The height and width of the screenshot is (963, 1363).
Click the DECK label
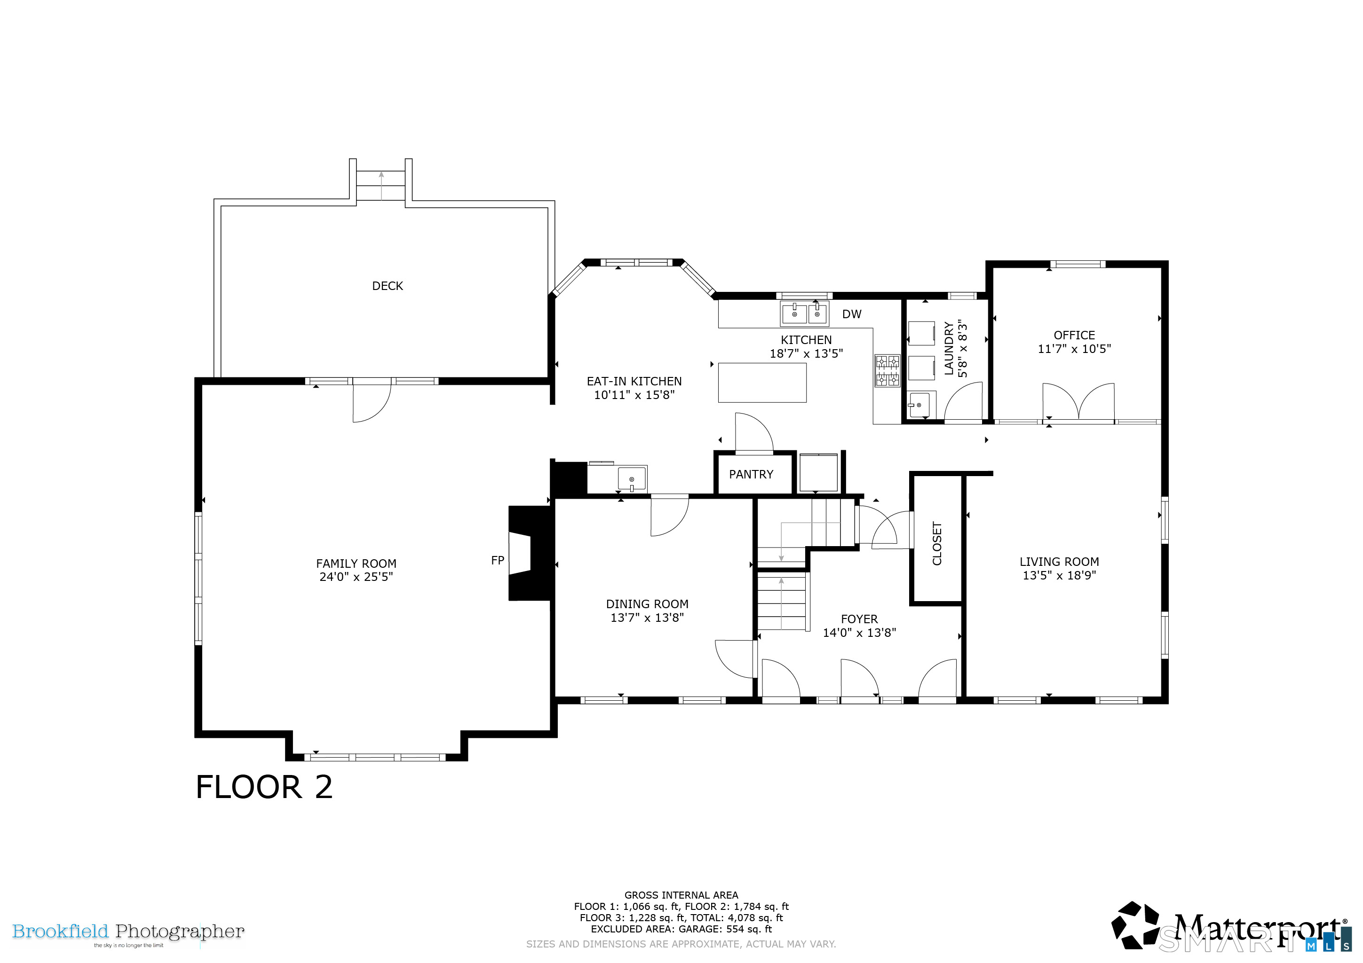pyautogui.click(x=387, y=286)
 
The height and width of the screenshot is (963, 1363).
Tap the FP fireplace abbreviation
pyautogui.click(x=498, y=560)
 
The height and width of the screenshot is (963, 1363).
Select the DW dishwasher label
pyautogui.click(x=851, y=314)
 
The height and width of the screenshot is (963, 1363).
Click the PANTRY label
pyautogui.click(x=751, y=474)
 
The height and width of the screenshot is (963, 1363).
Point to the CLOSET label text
pyautogui.click(x=937, y=543)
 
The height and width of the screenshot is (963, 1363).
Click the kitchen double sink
pyautogui.click(x=804, y=313)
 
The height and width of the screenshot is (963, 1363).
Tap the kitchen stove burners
pyautogui.click(x=888, y=371)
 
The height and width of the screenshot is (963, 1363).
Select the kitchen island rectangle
pyautogui.click(x=762, y=383)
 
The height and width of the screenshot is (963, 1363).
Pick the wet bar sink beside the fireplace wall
pyautogui.click(x=632, y=478)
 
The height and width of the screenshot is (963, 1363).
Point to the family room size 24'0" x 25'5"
pyautogui.click(x=356, y=577)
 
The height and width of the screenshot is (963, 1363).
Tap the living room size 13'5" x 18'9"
pyautogui.click(x=1059, y=575)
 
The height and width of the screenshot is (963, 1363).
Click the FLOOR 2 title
pyautogui.click(x=264, y=787)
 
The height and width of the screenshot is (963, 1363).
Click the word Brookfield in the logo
pyautogui.click(x=61, y=931)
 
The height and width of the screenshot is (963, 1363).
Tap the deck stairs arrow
pyautogui.click(x=381, y=185)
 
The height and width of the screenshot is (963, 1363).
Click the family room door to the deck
pyautogui.click(x=372, y=400)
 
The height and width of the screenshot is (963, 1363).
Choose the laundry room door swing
pyautogui.click(x=963, y=402)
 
